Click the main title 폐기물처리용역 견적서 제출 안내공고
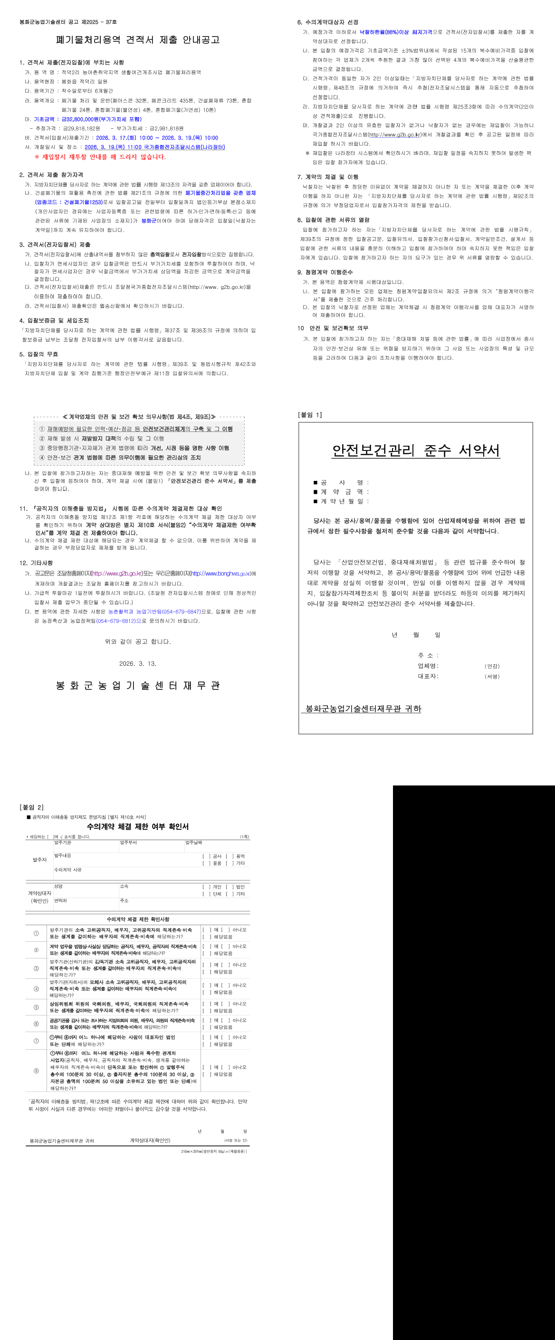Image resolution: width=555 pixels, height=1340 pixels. tap(138, 40)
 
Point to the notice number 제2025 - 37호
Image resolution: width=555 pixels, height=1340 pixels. tap(99, 22)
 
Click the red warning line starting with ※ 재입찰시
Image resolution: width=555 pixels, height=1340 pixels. tap(100, 157)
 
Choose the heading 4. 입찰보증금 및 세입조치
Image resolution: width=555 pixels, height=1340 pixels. tap(54, 320)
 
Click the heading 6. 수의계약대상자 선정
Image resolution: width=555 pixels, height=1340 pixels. tap(328, 22)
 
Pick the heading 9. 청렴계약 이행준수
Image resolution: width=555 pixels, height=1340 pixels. tap(325, 272)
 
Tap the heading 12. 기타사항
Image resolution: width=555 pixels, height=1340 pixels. tap(37, 563)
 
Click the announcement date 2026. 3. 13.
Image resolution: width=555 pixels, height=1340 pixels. tap(138, 664)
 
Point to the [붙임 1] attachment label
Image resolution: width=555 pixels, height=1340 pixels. tap(310, 414)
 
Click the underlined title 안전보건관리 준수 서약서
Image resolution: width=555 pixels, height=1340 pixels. tap(416, 450)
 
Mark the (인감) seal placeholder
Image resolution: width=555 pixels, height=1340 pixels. tap(492, 666)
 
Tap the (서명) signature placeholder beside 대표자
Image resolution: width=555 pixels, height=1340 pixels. tap(492, 677)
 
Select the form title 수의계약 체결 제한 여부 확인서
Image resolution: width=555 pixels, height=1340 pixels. tap(138, 827)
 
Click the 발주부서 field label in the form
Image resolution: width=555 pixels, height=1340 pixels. tap(128, 842)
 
